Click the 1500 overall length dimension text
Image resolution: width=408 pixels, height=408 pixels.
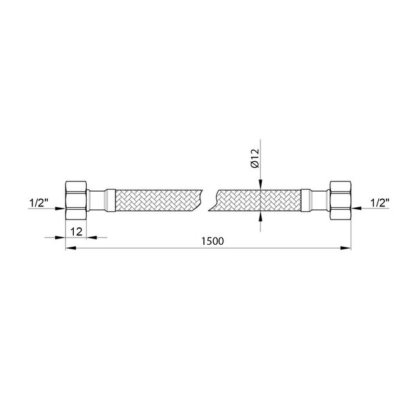click(x=212, y=241)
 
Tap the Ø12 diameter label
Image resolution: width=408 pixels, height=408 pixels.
click(x=255, y=158)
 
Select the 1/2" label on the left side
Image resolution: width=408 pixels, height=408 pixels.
click(x=39, y=203)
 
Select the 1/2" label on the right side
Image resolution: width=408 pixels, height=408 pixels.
click(x=380, y=203)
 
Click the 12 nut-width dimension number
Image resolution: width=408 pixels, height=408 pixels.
click(x=76, y=231)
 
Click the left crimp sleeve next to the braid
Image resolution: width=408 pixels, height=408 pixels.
click(x=110, y=200)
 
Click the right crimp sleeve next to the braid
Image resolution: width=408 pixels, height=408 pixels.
click(x=306, y=200)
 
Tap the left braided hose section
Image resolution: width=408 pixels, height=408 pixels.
click(x=158, y=200)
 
